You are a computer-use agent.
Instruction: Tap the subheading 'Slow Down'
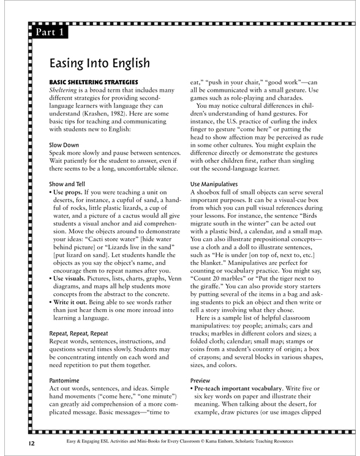tap(62, 145)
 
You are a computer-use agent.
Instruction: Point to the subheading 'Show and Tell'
tap(67, 183)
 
